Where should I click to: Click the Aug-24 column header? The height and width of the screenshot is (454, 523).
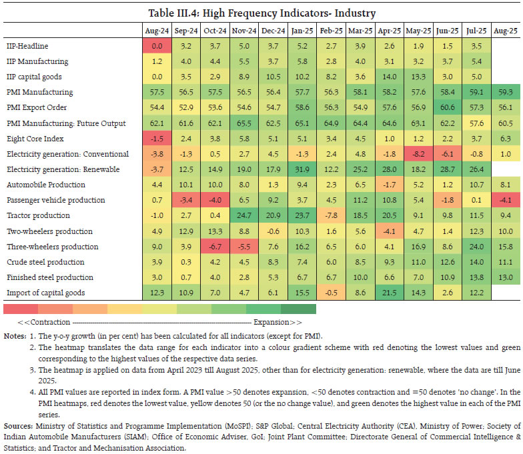157,31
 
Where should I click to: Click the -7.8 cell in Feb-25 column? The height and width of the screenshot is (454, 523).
330,215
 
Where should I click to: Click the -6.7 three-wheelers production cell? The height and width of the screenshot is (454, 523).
215,246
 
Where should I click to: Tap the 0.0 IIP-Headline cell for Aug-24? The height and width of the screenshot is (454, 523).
157,46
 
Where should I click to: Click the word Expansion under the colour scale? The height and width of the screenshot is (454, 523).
284,321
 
